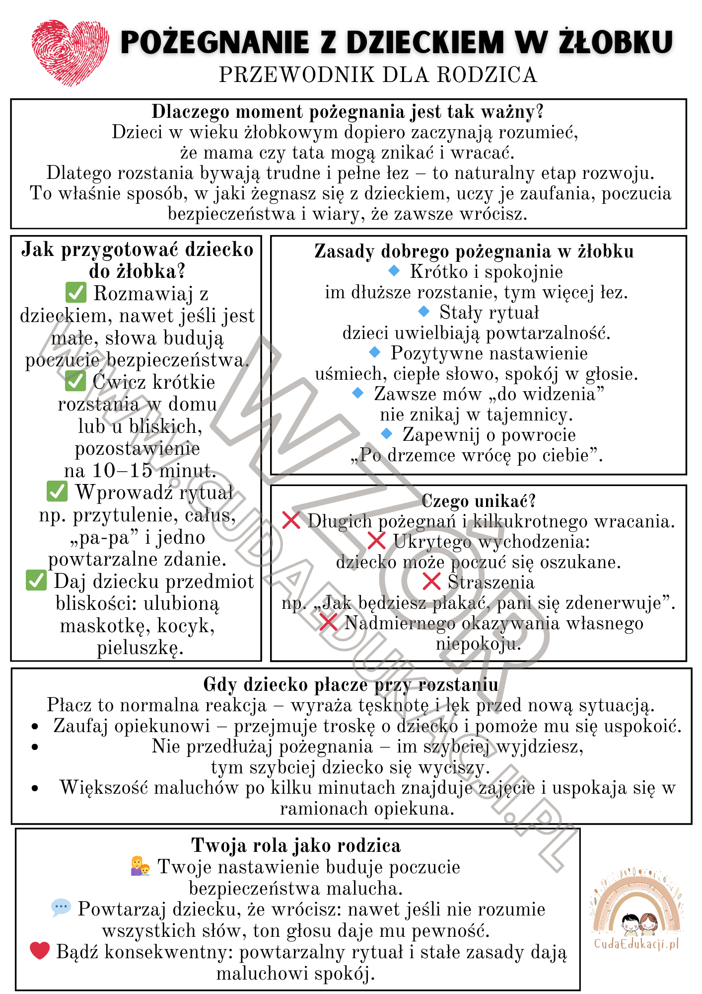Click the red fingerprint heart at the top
click(70, 52)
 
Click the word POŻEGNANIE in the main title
click(214, 42)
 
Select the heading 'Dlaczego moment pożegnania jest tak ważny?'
click(348, 112)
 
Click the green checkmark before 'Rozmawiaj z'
click(76, 293)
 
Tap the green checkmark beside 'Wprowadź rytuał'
click(57, 492)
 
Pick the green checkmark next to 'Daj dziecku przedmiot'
click(36, 580)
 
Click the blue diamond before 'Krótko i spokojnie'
click(394, 271)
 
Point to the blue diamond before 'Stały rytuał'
click(423, 312)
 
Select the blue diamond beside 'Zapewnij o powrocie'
click(387, 433)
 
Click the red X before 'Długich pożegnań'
click(291, 520)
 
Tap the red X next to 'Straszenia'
click(432, 581)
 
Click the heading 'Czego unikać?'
click(479, 501)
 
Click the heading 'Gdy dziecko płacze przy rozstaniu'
click(351, 685)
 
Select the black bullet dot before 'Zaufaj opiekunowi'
click(35, 727)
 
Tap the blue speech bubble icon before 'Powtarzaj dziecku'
click(61, 908)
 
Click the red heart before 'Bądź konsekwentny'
click(40, 951)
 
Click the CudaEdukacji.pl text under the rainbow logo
click(636, 944)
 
